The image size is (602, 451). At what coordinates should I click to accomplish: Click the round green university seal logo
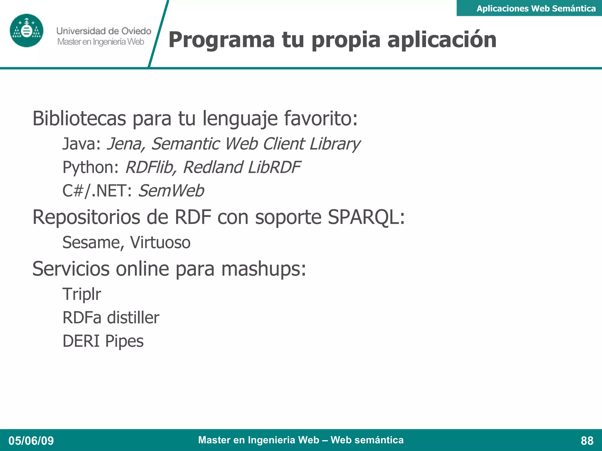tap(26, 31)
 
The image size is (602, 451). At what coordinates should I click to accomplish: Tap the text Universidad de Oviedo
tap(104, 31)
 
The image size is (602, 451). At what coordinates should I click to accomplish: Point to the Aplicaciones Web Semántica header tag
tap(536, 9)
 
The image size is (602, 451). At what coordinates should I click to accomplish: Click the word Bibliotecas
tap(79, 118)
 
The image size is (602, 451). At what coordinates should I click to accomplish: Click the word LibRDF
tap(274, 167)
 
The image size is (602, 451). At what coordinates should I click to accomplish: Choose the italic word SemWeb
tap(171, 191)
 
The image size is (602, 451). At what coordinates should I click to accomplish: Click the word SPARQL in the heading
tap(366, 217)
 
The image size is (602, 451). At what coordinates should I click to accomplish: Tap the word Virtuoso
tap(160, 243)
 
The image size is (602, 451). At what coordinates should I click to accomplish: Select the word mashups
tap(263, 269)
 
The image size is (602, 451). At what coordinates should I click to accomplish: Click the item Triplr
tap(82, 294)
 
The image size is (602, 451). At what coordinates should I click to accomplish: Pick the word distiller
tap(133, 318)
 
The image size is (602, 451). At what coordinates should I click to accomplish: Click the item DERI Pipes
tap(103, 341)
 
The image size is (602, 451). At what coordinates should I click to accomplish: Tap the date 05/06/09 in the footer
tap(31, 440)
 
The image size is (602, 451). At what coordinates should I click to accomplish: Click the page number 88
tap(587, 440)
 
